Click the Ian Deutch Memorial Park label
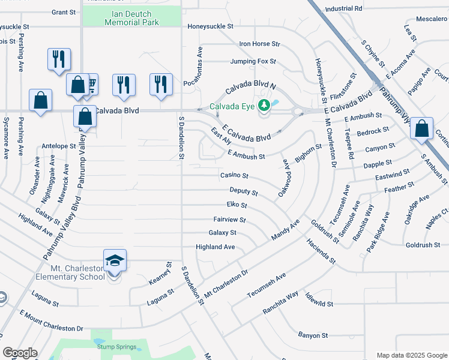coord(131,17)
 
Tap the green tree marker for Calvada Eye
coord(263,107)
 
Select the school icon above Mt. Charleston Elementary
coord(115,260)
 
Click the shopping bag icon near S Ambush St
coord(422,128)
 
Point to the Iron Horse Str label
coord(259,44)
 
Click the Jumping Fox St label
coord(253,61)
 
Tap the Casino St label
coord(234,176)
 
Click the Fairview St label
coord(229,220)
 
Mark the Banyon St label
coord(313,335)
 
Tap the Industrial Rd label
coord(343,9)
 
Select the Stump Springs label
coord(113,346)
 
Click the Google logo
coord(20,353)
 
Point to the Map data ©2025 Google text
coord(411,355)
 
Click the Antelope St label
coord(59,146)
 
